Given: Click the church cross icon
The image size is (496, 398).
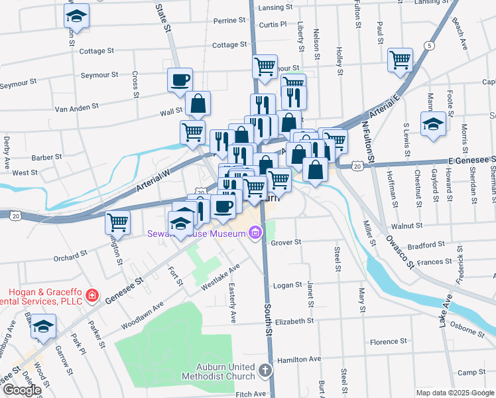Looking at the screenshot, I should tap(265, 370).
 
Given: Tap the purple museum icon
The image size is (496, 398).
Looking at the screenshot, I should tap(255, 233).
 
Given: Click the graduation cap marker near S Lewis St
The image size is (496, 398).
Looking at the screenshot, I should tap(433, 124).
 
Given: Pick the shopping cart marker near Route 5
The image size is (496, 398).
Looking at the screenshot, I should tap(401, 60).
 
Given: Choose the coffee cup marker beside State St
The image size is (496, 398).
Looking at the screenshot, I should tap(180, 80).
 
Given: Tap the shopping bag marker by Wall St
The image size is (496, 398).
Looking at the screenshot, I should tap(198, 103).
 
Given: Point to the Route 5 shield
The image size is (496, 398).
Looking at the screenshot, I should tap(430, 46).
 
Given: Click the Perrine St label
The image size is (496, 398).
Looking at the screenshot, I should tap(229, 21).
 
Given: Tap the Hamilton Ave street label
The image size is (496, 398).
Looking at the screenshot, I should tap(300, 359).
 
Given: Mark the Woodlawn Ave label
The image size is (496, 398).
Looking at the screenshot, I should tap(143, 316).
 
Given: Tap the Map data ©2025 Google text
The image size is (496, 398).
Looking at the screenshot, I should tap(454, 392).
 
